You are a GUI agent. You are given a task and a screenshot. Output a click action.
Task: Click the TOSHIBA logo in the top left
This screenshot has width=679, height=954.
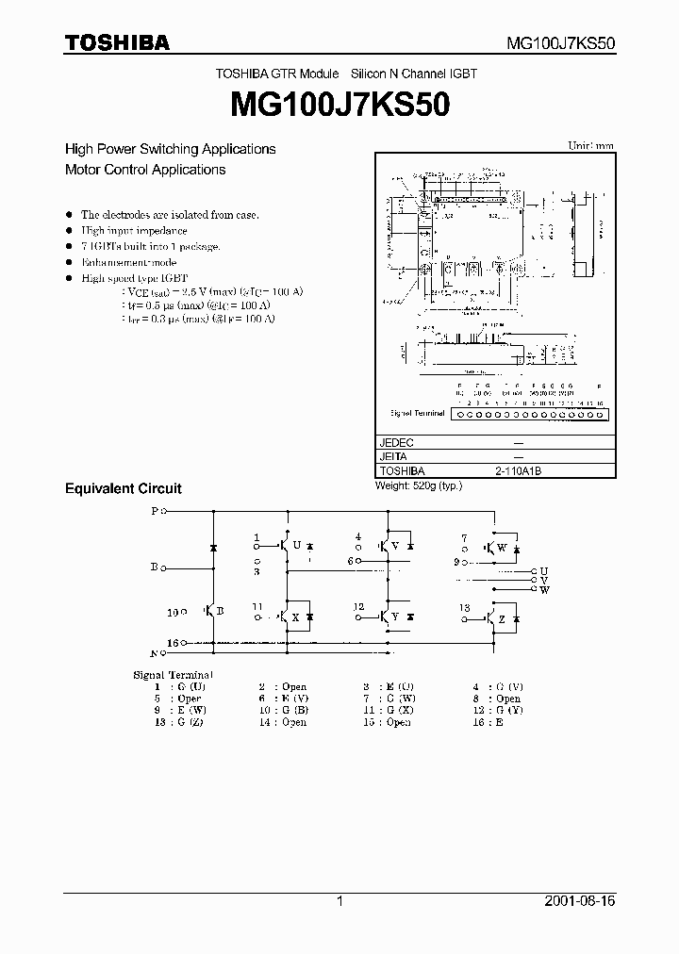pos(117,42)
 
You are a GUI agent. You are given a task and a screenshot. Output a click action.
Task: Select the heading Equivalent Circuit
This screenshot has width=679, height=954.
pos(123,488)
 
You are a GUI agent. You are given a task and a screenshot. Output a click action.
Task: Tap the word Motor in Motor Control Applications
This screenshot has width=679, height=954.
pos(83,170)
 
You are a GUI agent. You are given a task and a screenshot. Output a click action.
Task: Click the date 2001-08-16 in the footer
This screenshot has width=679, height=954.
pos(579,901)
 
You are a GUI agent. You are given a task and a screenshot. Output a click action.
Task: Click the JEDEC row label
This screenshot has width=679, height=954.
pos(396,442)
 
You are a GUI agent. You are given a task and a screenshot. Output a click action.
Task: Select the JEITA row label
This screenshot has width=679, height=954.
pos(394,456)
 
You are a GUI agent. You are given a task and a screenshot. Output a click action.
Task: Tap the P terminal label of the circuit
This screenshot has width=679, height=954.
pos(156,511)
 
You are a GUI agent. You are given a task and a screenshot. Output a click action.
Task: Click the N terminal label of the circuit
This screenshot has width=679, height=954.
pos(155,652)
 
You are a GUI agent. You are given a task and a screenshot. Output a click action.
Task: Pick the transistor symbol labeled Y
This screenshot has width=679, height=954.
pos(386,617)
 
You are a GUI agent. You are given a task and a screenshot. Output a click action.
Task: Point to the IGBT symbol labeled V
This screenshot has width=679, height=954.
pos(386,546)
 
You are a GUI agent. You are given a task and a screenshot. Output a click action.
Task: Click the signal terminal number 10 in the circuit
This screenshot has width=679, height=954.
pos(172,613)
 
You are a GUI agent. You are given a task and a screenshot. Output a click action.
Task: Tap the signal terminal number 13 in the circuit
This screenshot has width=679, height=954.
pos(464,608)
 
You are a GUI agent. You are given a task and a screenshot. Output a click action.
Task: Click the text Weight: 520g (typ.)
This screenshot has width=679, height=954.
pos(418,485)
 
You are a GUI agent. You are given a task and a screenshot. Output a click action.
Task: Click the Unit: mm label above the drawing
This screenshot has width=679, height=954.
pos(590,146)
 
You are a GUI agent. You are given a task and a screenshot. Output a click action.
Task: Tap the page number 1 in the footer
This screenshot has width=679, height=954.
pos(339,901)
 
